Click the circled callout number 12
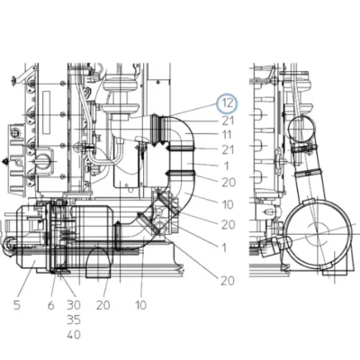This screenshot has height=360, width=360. pyautogui.click(x=227, y=103)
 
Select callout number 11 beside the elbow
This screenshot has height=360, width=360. pyautogui.click(x=227, y=135)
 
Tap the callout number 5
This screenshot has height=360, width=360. pyautogui.click(x=17, y=305)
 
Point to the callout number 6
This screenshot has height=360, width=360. pyautogui.click(x=51, y=305)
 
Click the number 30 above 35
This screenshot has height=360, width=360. pyautogui.click(x=74, y=305)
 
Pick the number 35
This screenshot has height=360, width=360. pyautogui.click(x=74, y=320)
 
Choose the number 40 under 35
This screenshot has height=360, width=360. pyautogui.click(x=74, y=335)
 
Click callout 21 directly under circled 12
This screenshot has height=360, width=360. pyautogui.click(x=228, y=121)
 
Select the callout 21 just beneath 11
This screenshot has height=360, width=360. pyautogui.click(x=228, y=149)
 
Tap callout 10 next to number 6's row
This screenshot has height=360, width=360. pyautogui.click(x=140, y=305)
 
